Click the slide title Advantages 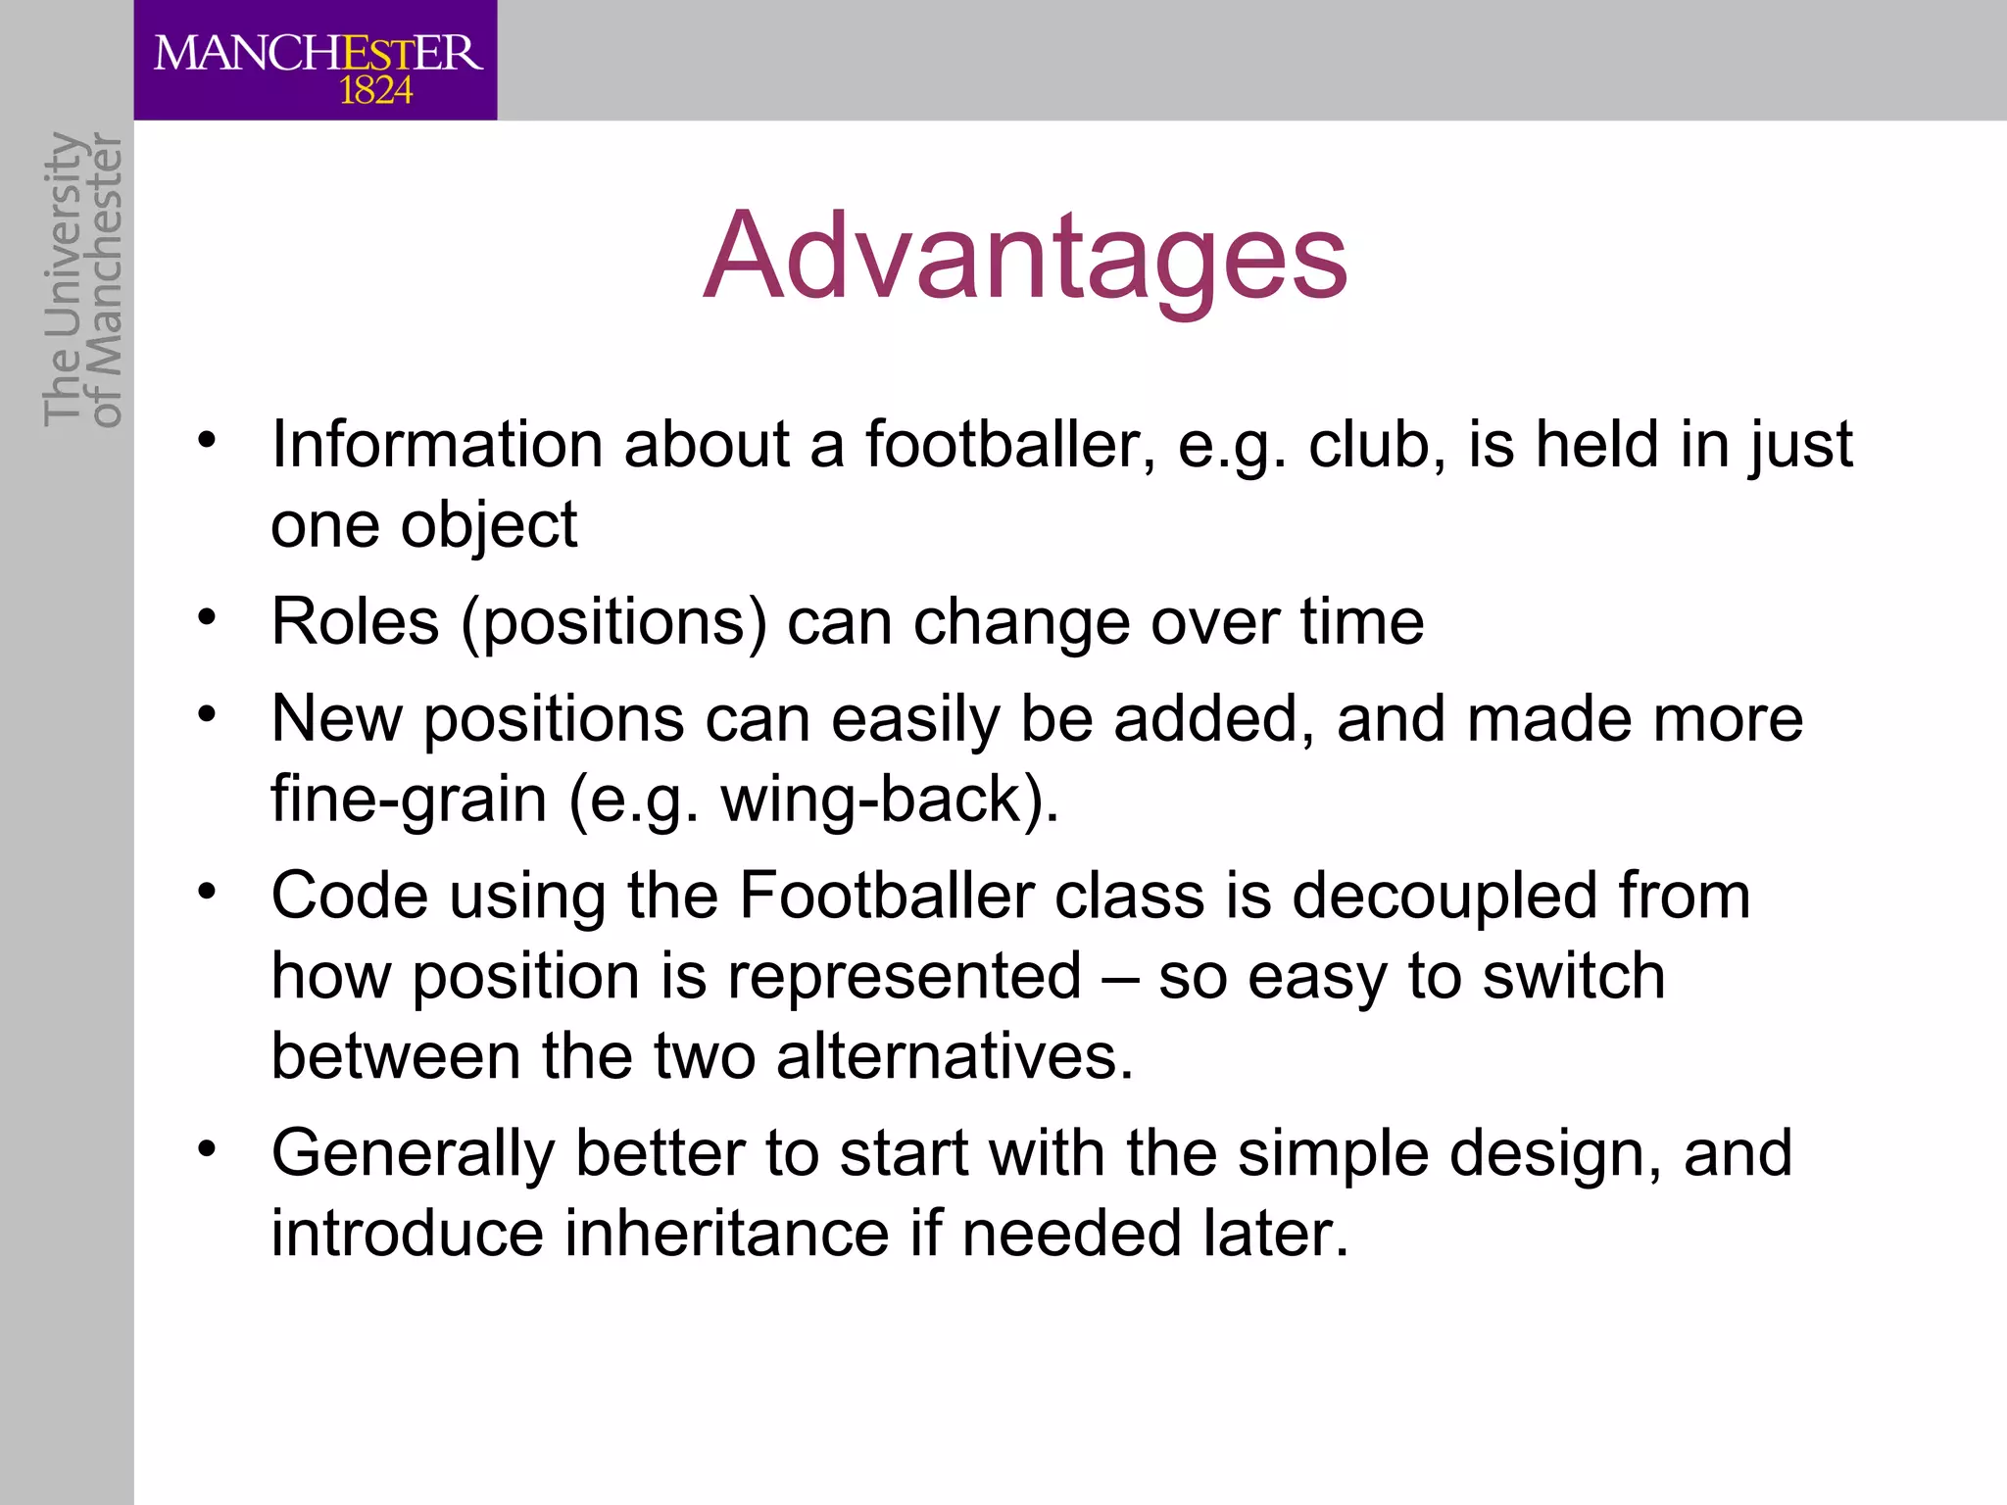coord(1026,257)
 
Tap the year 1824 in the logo coord(375,91)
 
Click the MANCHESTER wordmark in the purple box coord(318,52)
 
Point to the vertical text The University coord(62,279)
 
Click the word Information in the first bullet coord(437,445)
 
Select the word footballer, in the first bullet coord(1009,445)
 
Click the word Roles coord(355,622)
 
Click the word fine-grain coord(409,800)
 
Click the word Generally coord(413,1154)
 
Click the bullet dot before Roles coord(206,618)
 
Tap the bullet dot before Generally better coord(206,1147)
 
